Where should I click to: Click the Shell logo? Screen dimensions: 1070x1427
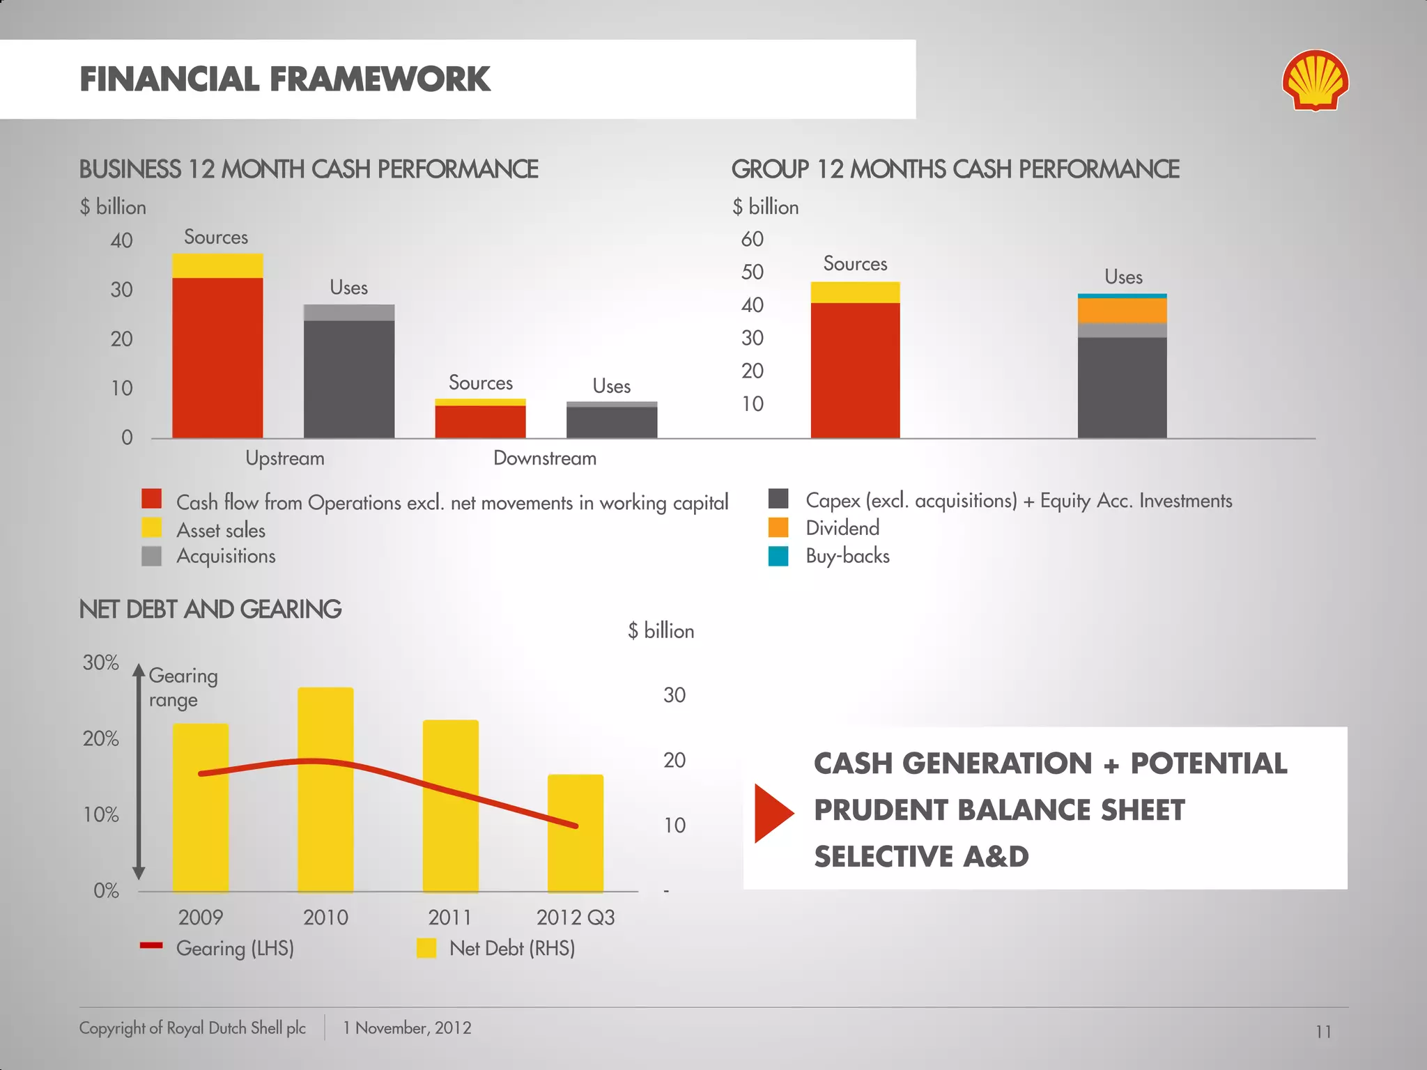[x=1315, y=80]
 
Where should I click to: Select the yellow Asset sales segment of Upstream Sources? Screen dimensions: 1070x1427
[x=217, y=265]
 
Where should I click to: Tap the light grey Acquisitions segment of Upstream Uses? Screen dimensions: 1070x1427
[x=349, y=313]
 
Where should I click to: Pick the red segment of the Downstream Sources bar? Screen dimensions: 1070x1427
[x=480, y=421]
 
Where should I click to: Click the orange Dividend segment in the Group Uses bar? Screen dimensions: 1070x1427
[x=1122, y=311]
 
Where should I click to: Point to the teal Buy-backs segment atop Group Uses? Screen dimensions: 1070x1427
[x=1122, y=296]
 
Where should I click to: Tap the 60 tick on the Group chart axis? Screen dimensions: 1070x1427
[x=752, y=239]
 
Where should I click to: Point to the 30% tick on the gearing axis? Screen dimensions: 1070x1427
[x=101, y=662]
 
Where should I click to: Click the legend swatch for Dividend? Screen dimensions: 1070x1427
[x=778, y=527]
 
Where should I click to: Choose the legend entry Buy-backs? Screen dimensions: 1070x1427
[x=847, y=556]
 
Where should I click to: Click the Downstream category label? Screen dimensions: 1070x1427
[x=545, y=458]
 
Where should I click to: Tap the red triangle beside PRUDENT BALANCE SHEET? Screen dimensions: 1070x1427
[x=772, y=813]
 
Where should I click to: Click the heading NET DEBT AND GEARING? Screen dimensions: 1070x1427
[x=210, y=610]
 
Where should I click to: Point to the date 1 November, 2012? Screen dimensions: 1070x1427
[x=407, y=1028]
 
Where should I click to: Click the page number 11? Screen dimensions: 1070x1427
[x=1323, y=1032]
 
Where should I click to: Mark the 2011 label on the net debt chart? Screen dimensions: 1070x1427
[x=449, y=917]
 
